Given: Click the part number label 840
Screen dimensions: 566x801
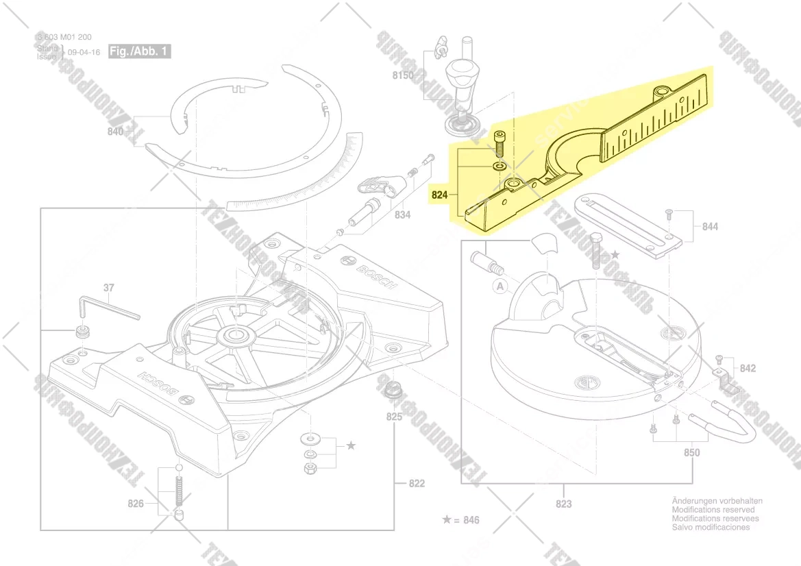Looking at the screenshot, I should point(115,132).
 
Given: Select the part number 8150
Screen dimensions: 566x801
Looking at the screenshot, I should point(403,75).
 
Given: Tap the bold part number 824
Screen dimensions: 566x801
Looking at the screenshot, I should point(439,195).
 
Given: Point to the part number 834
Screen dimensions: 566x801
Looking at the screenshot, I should point(402,215).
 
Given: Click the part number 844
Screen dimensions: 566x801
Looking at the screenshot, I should point(710,227).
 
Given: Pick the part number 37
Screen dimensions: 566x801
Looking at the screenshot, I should point(109,288).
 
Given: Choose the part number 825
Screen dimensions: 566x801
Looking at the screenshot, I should point(394,417).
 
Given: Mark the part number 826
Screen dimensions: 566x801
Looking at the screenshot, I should point(136,504).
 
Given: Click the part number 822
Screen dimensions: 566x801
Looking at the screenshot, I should point(417,483).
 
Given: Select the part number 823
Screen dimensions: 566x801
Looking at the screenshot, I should point(563,504).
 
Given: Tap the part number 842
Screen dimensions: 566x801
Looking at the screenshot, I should point(748,369).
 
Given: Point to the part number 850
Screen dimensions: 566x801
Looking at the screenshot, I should point(692,452).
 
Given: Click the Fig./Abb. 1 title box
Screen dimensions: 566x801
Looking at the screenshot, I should point(139,51).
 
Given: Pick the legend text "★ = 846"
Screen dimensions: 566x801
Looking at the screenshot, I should point(461,520).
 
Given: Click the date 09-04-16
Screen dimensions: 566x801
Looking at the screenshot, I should point(84,52).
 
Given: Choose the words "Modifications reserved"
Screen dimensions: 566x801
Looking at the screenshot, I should point(713,510).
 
